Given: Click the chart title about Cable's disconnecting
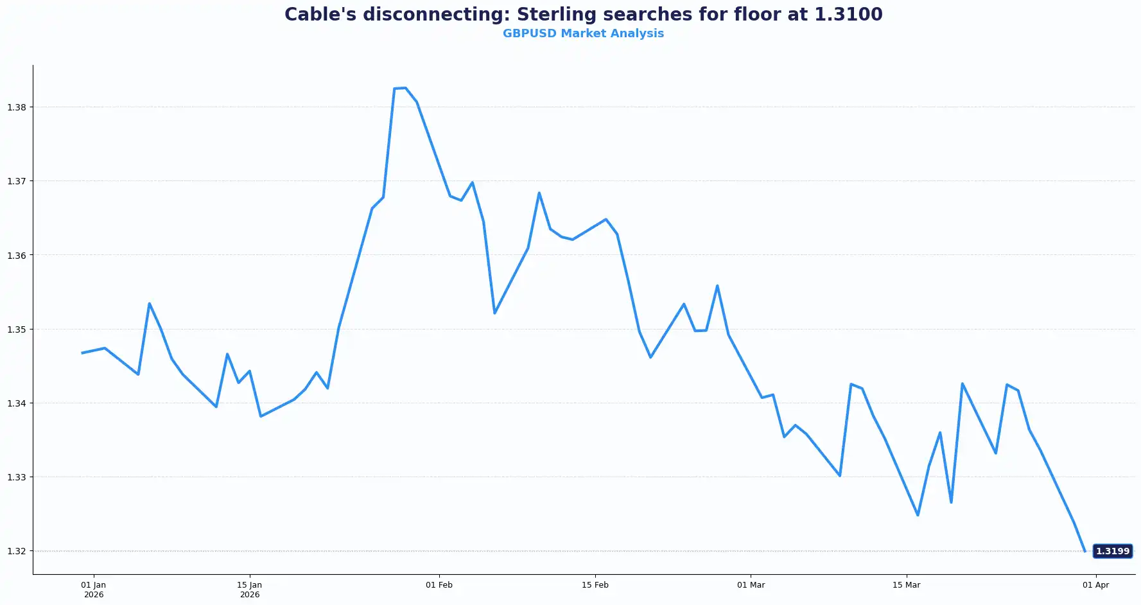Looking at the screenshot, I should click(583, 14).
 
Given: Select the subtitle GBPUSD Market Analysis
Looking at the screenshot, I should click(583, 33).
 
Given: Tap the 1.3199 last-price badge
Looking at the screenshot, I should click(1112, 551).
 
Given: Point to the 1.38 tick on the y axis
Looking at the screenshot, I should click(17, 107).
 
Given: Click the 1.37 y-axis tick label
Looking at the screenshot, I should click(17, 181).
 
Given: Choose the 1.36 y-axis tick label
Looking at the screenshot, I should click(17, 256).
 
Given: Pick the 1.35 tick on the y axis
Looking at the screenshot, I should click(17, 329).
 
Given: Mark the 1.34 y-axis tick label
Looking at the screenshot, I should click(17, 403).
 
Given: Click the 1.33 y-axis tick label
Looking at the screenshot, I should click(17, 477).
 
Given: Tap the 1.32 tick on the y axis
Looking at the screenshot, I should click(17, 551).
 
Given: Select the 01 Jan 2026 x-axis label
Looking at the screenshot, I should click(94, 590).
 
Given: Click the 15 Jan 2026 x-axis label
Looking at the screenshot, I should click(250, 590).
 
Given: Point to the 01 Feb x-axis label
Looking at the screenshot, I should click(439, 585).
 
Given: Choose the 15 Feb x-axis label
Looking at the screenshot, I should click(595, 585).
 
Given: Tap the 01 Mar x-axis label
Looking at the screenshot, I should click(751, 585).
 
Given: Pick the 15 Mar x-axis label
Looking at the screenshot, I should click(906, 585).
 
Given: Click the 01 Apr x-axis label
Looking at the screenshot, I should click(1095, 585).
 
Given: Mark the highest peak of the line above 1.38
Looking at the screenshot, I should click(405, 88).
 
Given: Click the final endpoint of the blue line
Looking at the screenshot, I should click(1084, 551).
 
